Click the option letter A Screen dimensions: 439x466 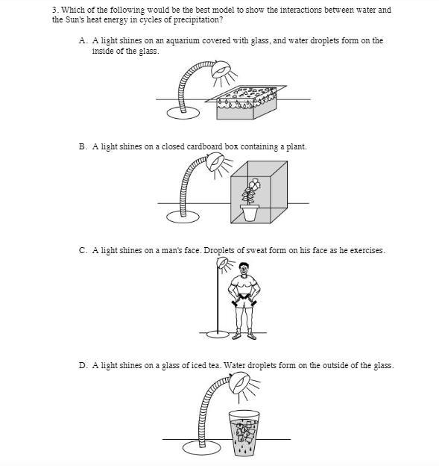[x=83, y=40]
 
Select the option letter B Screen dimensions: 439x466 [x=83, y=147]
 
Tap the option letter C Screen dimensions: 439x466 [x=83, y=250]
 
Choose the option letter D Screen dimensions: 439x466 [x=83, y=365]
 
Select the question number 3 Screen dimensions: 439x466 [x=55, y=10]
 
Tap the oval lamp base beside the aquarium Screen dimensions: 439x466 [x=183, y=113]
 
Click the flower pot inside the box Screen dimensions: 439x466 [x=250, y=213]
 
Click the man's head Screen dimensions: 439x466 [x=244, y=269]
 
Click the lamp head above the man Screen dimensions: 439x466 [x=223, y=263]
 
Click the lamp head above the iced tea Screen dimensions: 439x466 [x=240, y=383]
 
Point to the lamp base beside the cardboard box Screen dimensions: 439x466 [x=183, y=217]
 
